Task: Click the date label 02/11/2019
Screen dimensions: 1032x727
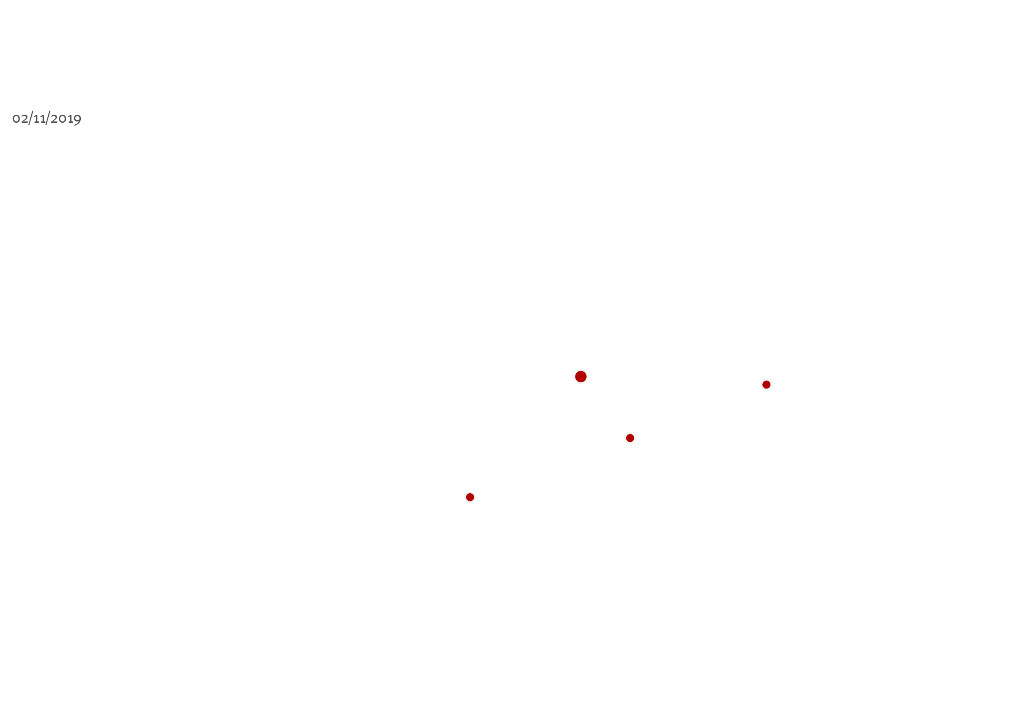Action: click(47, 119)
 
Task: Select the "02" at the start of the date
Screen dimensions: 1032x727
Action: click(20, 119)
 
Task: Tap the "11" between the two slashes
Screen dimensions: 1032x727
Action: click(40, 119)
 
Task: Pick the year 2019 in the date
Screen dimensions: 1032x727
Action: click(66, 119)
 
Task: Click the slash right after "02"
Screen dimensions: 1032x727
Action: click(31, 118)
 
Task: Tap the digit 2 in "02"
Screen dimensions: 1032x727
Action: click(24, 119)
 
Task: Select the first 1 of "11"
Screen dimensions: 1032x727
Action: click(36, 119)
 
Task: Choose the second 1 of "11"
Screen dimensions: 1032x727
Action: click(43, 119)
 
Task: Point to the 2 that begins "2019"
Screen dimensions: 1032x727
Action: click(54, 119)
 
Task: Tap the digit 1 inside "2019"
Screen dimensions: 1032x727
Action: click(70, 119)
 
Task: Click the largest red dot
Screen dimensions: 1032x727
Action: click(581, 376)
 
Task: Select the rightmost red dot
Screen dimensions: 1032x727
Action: click(767, 385)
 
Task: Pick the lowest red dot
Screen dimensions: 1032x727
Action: click(470, 497)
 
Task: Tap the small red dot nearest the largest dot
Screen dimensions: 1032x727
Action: click(630, 438)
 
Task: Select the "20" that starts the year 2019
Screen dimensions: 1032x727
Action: click(58, 119)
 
